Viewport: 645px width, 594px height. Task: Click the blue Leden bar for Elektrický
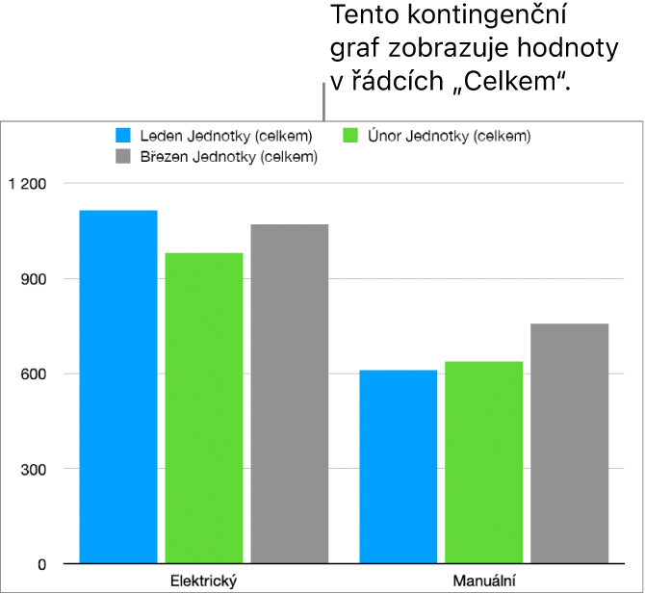118,386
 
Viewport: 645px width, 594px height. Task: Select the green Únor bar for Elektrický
204,408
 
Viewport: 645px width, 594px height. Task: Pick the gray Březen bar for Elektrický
290,394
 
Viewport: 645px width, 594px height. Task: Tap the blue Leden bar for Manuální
399,467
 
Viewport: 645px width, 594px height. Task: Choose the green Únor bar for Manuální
484,462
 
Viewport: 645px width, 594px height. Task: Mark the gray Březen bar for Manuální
570,443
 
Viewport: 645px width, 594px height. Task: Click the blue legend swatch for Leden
123,136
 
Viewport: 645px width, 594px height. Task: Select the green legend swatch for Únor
351,136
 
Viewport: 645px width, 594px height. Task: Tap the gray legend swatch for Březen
123,156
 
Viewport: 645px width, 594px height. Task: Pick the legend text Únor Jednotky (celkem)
449,136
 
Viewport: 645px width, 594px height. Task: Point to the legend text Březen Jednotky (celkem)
228,156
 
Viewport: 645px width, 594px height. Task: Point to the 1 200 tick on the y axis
26,183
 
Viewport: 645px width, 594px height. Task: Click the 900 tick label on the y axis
33,278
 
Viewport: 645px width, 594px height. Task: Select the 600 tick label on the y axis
33,374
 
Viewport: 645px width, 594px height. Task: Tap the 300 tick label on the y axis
33,469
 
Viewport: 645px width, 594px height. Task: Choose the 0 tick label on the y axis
40,564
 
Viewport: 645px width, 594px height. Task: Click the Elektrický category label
203,581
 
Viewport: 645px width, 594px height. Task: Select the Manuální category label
483,581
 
